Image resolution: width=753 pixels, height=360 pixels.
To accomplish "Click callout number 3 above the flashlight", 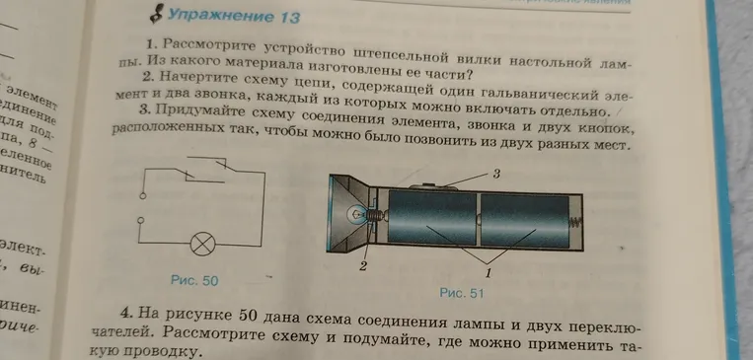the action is tap(498, 174).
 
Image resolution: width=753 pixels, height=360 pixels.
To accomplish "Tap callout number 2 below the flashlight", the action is tap(362, 266).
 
